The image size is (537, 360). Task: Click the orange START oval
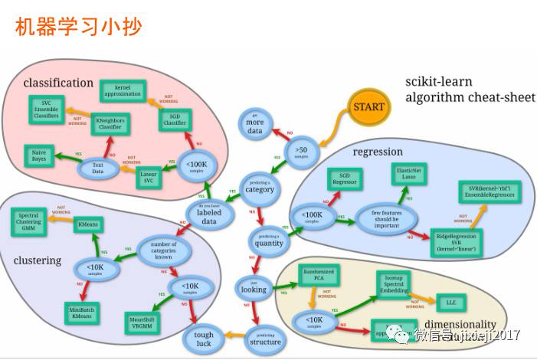coord(369,107)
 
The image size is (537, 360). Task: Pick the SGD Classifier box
coord(175,119)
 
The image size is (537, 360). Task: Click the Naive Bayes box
coord(39,155)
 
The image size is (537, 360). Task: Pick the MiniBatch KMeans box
coord(80,311)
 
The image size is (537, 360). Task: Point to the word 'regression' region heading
coord(378,152)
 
